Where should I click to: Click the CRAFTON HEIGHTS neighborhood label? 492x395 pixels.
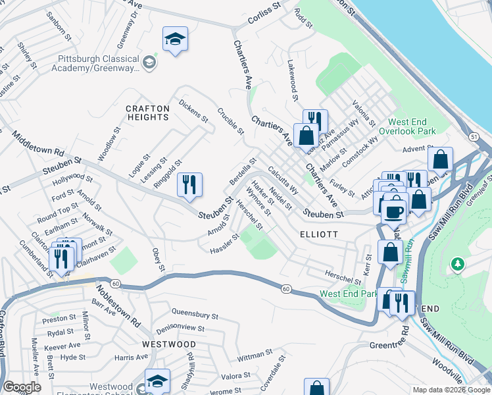pyautogui.click(x=148, y=112)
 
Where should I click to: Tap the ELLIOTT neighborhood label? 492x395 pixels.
pyautogui.click(x=319, y=234)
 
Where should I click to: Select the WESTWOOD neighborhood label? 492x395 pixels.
pyautogui.click(x=170, y=344)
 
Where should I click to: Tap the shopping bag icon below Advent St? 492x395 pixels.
pyautogui.click(x=440, y=160)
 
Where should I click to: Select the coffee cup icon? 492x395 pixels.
pyautogui.click(x=394, y=212)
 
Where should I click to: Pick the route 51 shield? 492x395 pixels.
pyautogui.click(x=474, y=136)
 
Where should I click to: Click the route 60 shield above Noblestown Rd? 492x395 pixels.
pyautogui.click(x=115, y=284)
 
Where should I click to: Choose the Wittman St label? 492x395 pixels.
pyautogui.click(x=251, y=357)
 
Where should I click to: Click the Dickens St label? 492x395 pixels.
pyautogui.click(x=193, y=111)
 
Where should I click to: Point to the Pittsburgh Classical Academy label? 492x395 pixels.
pyautogui.click(x=99, y=63)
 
